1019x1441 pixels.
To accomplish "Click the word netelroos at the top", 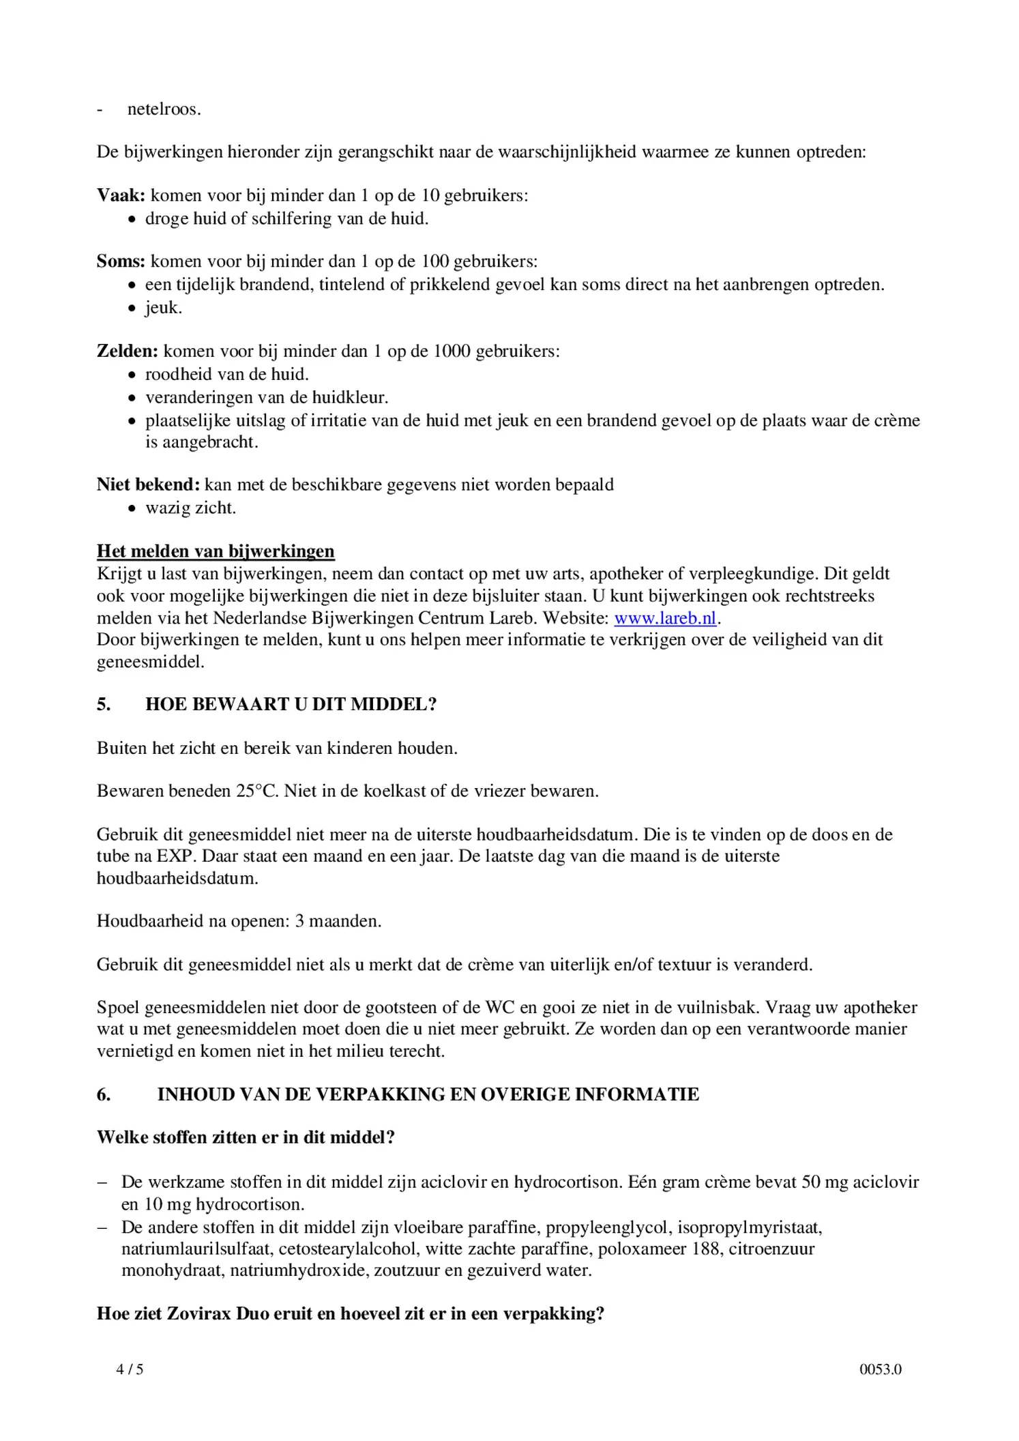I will click(x=164, y=109).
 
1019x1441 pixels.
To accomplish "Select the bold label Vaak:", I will click(x=121, y=196).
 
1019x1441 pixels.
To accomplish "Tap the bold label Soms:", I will click(x=121, y=261).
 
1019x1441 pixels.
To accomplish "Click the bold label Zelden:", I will click(x=127, y=351).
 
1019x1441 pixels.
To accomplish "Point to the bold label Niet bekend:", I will click(x=148, y=484).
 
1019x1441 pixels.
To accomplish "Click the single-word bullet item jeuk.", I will click(x=163, y=308).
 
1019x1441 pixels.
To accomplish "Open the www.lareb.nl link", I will click(x=665, y=618).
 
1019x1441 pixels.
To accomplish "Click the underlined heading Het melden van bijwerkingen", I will click(x=216, y=551).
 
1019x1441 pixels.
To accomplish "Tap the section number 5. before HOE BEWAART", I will click(x=104, y=704).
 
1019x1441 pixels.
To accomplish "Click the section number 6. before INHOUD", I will click(x=104, y=1094).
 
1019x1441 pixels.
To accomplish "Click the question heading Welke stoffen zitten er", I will click(x=246, y=1137).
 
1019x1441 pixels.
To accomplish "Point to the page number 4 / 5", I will click(x=130, y=1369).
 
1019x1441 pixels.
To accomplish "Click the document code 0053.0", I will click(x=880, y=1369).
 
